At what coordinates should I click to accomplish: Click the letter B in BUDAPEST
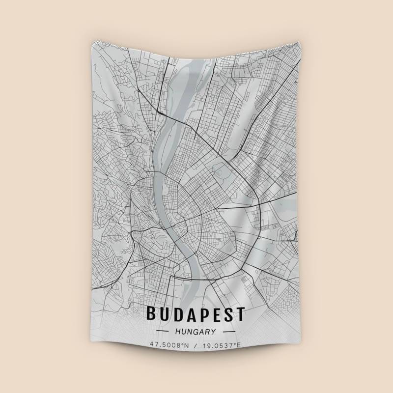(x=151, y=313)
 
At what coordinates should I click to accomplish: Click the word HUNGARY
(x=196, y=332)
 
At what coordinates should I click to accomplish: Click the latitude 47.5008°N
(x=170, y=345)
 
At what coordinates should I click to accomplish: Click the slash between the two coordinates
(x=196, y=345)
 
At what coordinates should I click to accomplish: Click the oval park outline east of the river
(x=223, y=172)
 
